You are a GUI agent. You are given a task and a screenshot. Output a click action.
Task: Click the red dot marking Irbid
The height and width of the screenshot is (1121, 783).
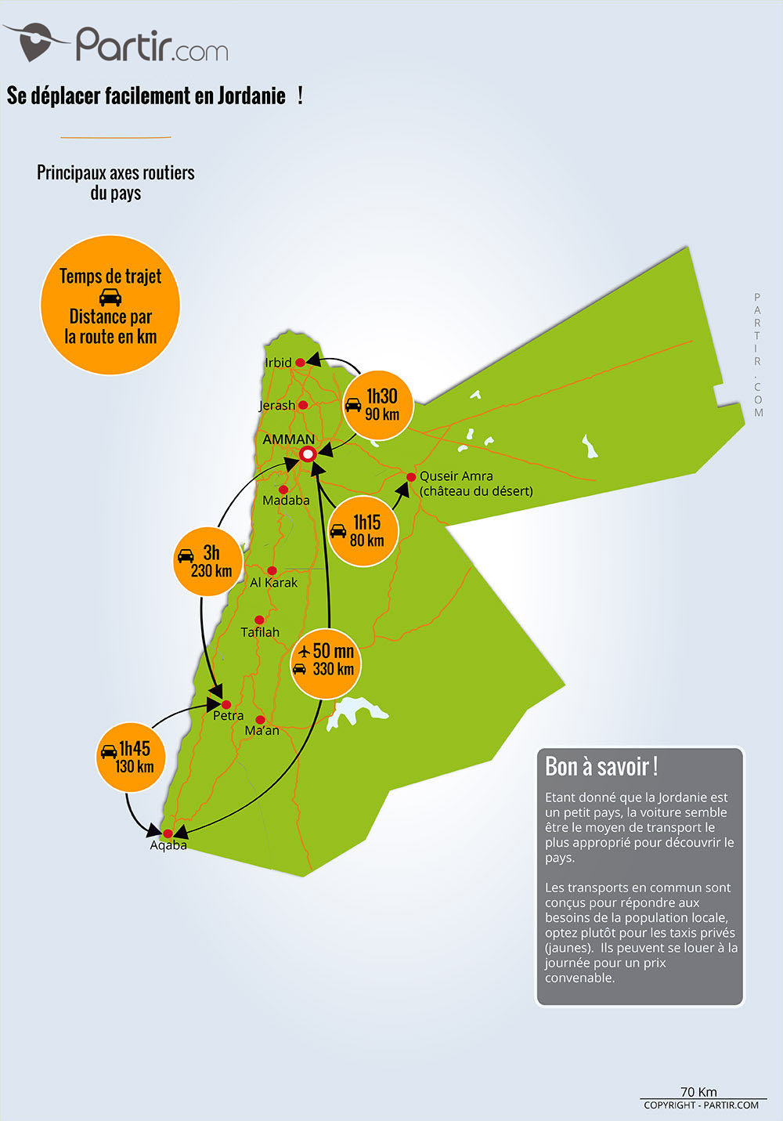point(300,363)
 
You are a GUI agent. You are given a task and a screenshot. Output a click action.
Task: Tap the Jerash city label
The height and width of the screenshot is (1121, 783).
point(276,405)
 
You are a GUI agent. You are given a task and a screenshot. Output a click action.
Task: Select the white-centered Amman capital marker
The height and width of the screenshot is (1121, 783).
point(308,454)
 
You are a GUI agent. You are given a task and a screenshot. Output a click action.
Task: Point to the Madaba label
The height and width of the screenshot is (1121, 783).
point(286,500)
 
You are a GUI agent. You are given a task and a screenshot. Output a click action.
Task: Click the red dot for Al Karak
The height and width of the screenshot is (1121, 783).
point(272,570)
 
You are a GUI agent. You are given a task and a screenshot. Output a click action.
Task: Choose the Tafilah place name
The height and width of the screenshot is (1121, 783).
point(260,632)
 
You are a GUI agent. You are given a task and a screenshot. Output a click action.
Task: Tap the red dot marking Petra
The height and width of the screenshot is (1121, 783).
point(226,704)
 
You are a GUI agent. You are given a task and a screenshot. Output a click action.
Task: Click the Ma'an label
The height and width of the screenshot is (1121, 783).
point(262,731)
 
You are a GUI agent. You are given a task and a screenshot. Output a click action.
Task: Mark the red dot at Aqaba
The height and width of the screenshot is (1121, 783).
point(168,834)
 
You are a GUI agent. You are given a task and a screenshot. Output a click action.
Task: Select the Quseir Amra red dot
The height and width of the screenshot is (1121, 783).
point(411,477)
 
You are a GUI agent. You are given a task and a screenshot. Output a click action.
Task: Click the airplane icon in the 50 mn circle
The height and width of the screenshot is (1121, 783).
point(304,651)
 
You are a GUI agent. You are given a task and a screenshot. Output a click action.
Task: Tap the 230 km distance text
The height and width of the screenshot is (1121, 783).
point(211,571)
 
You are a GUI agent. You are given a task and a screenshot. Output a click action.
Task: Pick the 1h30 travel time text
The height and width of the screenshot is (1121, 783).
point(382,396)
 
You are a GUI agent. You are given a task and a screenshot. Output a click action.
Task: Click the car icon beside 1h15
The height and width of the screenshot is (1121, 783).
point(337,530)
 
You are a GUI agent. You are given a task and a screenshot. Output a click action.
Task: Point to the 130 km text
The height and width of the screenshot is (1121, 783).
point(134,767)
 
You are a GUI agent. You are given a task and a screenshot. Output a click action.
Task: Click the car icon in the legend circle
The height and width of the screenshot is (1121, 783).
point(110,297)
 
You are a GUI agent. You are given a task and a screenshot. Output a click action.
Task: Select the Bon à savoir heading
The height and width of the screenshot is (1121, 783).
point(601,766)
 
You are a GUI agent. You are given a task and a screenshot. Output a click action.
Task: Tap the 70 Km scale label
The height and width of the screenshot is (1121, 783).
point(698,1092)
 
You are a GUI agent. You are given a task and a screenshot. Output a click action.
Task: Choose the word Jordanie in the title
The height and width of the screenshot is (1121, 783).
point(251,96)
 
